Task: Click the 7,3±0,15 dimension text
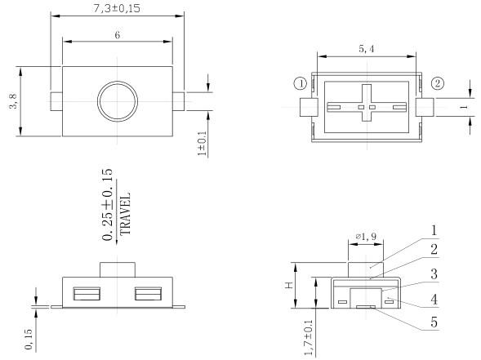117,9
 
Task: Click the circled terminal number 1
301,83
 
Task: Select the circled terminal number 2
439,83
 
